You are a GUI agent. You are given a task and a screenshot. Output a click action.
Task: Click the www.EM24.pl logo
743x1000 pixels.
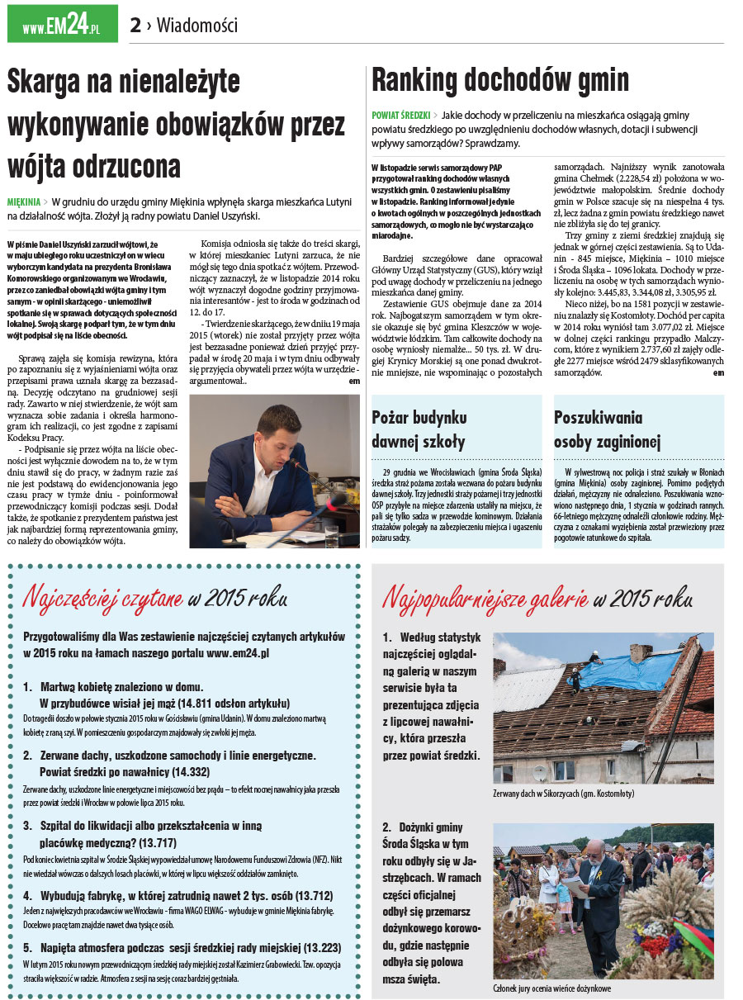click(x=62, y=24)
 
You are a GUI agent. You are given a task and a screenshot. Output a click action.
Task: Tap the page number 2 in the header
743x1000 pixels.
click(x=135, y=26)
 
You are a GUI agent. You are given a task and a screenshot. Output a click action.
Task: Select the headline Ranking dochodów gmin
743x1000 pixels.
click(x=500, y=80)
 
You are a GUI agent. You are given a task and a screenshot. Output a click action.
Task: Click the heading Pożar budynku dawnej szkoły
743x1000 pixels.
click(x=419, y=429)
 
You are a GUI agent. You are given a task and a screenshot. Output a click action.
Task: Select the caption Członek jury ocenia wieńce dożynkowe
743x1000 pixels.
click(x=551, y=988)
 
